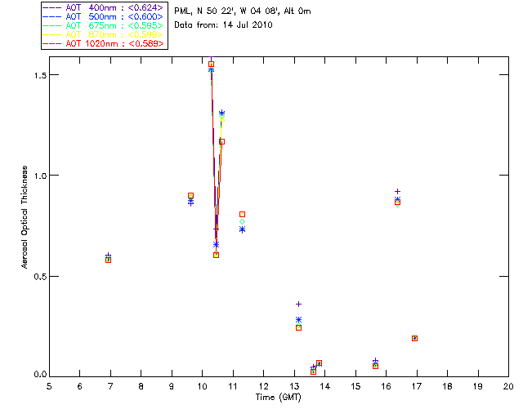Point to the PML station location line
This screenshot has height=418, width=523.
(x=243, y=11)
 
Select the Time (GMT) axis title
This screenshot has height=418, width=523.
(x=278, y=397)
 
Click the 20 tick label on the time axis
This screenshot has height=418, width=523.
(x=508, y=386)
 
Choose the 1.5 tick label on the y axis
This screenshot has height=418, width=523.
(x=34, y=74)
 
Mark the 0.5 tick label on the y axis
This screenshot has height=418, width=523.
(x=34, y=276)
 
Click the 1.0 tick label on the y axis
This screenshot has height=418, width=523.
(x=34, y=175)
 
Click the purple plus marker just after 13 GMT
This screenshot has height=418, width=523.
(x=298, y=305)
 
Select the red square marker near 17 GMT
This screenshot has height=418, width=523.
(x=414, y=338)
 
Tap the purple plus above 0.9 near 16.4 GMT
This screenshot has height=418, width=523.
(x=398, y=192)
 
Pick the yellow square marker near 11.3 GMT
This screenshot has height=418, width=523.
(x=242, y=214)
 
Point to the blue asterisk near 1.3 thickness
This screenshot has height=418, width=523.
(x=221, y=113)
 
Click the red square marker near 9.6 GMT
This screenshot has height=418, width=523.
(x=190, y=196)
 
